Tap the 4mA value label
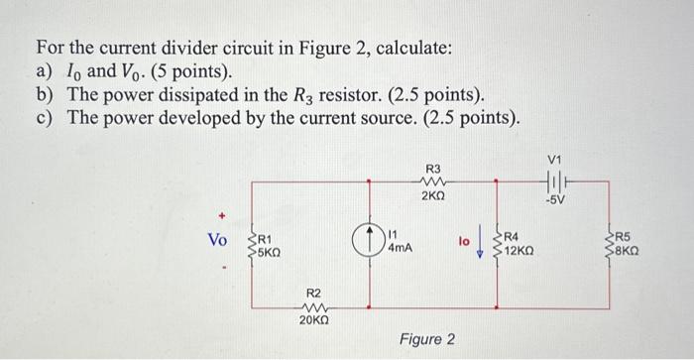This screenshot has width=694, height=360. coord(400,248)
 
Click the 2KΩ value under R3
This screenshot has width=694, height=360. coord(433,197)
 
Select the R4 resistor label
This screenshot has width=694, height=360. coord(513,236)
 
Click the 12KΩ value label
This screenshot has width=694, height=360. coord(520,250)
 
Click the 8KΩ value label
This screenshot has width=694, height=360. coord(628,252)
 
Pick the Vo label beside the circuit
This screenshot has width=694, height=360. coord(217,241)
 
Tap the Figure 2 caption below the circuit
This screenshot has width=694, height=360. coord(427,340)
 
